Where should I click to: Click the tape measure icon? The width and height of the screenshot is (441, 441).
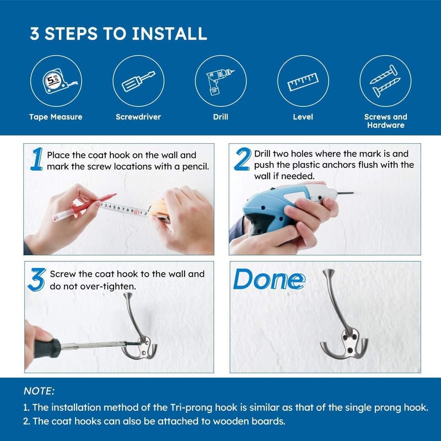coord(57,81)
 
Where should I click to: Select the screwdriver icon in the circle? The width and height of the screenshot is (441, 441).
coord(138,81)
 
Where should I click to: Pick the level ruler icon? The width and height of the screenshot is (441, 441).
coord(303,82)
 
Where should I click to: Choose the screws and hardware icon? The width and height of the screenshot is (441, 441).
coord(385,81)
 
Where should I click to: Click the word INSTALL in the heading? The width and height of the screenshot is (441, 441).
coord(170,34)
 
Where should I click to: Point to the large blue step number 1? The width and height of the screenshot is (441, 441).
coord(37,159)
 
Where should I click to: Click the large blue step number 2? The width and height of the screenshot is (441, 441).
coord(243,159)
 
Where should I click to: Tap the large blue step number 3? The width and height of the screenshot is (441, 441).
coord(37,279)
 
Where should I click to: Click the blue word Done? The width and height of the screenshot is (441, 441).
coord(269,279)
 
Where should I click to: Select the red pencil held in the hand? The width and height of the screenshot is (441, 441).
coord(84,207)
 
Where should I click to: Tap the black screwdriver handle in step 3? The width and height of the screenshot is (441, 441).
coord(47,348)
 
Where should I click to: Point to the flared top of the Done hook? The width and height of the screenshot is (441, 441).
coord(328,272)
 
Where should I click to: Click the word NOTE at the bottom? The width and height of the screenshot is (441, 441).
coord(39,391)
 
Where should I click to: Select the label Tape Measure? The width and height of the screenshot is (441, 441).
coord(56,117)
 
